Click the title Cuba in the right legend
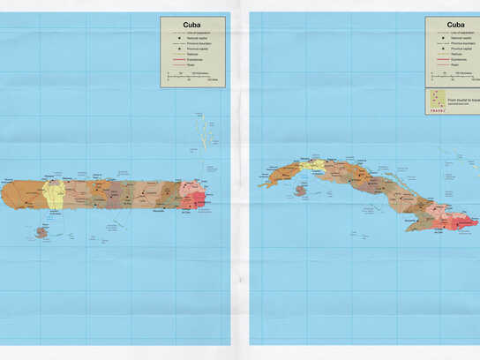click(x=456, y=25)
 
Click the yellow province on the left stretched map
click(x=54, y=192)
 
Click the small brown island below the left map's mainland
click(x=40, y=233)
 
